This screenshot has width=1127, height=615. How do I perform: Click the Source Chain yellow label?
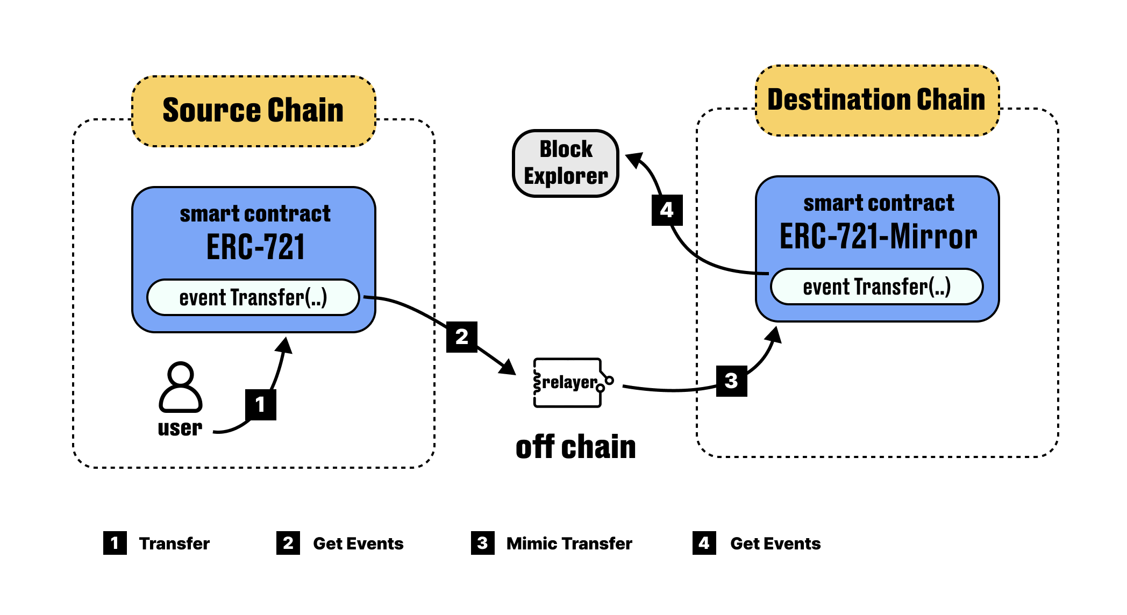[x=253, y=111]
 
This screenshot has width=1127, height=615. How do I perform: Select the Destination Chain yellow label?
[x=877, y=100]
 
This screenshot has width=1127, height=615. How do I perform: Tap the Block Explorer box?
[x=566, y=163]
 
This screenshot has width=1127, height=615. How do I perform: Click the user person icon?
[x=181, y=387]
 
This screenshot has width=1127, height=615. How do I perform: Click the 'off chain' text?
[x=575, y=447]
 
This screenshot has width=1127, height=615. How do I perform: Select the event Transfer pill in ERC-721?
[x=253, y=297]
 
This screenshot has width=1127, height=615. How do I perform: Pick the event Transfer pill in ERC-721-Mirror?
[x=877, y=287]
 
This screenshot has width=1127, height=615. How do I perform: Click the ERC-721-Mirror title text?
[x=878, y=237]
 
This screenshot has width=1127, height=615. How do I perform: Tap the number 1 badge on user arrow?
[x=261, y=405]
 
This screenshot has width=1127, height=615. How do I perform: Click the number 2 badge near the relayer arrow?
[x=462, y=337]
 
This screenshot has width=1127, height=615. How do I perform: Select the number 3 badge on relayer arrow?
[x=732, y=381]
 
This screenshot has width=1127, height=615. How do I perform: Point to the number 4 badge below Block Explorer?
[x=667, y=210]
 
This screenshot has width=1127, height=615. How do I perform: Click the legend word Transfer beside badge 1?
[x=174, y=544]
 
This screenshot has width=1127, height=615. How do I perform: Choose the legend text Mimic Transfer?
[x=569, y=544]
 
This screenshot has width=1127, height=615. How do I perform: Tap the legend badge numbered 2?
[x=288, y=543]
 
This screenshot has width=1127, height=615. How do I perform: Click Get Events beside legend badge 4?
[x=775, y=544]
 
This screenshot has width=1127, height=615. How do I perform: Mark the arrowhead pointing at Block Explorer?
[x=635, y=160]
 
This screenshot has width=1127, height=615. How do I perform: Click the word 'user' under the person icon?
[x=180, y=428]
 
